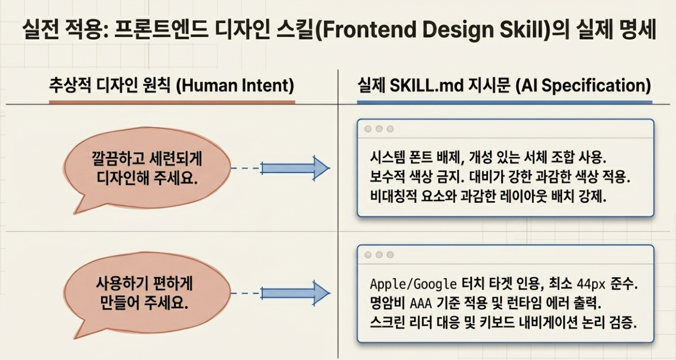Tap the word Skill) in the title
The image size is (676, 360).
[x=527, y=29]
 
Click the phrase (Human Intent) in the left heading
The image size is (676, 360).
[x=235, y=86]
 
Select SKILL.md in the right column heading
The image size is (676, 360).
[x=427, y=86]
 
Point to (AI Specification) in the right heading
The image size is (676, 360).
[x=583, y=86]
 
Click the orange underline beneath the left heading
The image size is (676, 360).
[x=172, y=102]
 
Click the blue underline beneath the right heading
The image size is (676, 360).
[x=505, y=102]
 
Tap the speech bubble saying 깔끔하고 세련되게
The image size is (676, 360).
[x=146, y=170]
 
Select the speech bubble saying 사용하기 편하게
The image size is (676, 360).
[x=146, y=295]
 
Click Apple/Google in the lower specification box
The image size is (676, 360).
[x=413, y=284]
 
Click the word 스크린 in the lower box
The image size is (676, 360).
[x=388, y=323]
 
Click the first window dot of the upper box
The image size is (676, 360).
[x=368, y=129]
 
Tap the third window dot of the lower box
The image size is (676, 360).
[x=390, y=254]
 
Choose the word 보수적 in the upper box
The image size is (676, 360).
[x=388, y=177]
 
